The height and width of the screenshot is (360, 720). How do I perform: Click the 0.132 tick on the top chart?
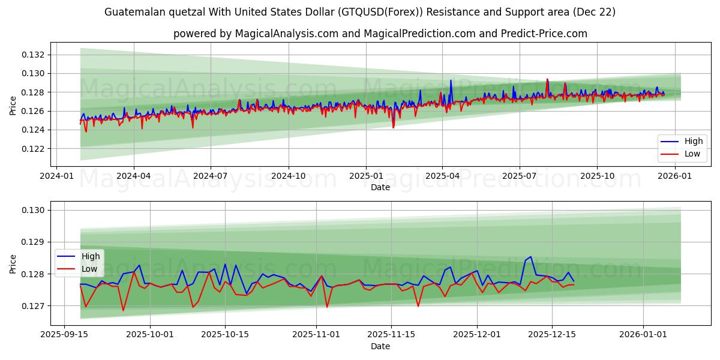34,55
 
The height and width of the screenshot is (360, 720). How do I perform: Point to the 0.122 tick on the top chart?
34,149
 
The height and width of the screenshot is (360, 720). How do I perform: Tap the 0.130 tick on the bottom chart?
34,210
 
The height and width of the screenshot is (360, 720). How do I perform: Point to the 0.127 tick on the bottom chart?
34,306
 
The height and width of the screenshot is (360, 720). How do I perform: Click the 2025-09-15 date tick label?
70,334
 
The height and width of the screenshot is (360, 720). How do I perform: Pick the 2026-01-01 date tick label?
643,334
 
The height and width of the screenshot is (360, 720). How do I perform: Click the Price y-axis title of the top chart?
13,106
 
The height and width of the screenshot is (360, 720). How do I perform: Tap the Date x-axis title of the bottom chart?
380,346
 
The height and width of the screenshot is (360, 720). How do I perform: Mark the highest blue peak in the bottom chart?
530,257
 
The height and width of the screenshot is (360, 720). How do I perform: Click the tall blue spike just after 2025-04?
451,80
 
